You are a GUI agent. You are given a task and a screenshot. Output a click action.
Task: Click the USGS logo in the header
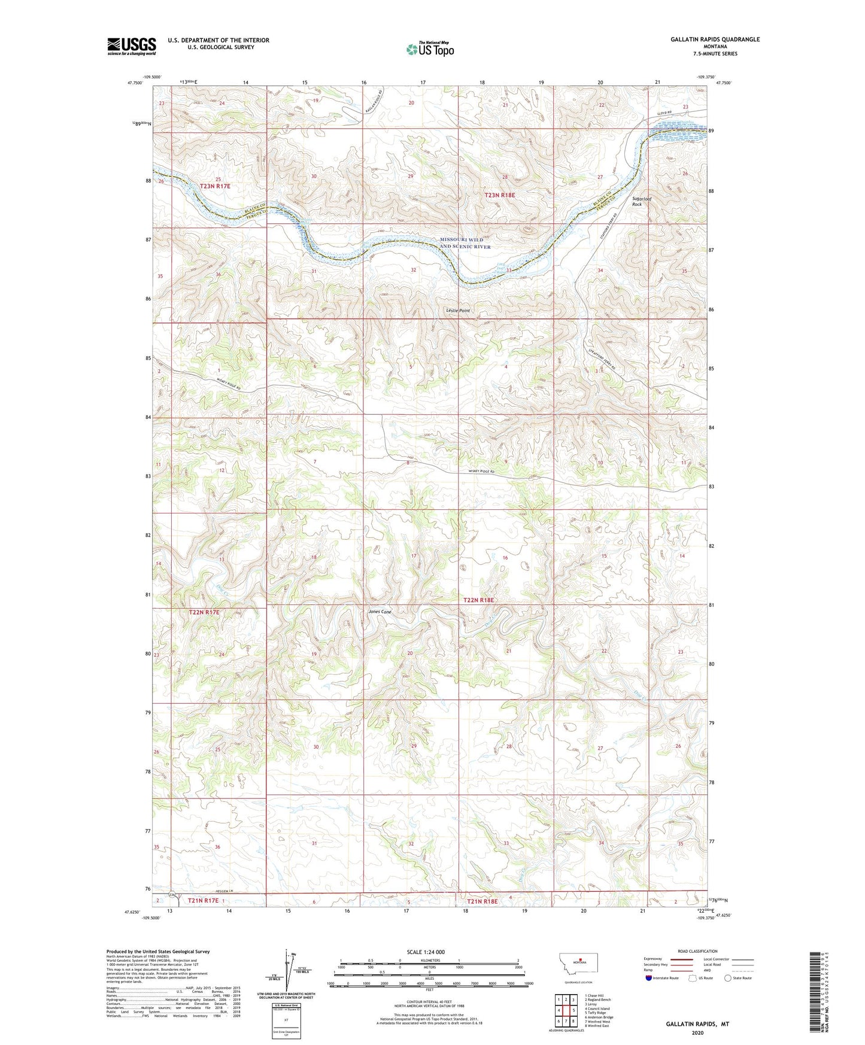[x=132, y=45]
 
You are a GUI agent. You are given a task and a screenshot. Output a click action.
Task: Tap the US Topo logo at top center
[x=430, y=49]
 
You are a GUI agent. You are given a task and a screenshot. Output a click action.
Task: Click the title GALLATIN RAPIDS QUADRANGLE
[x=715, y=40]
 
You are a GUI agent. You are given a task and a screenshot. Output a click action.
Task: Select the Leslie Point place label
[x=458, y=311]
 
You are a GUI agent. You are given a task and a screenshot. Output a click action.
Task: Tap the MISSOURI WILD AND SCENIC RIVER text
[x=465, y=243]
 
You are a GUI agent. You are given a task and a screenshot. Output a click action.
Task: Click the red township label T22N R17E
[x=204, y=612]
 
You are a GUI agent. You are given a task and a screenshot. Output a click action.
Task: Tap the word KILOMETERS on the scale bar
[x=429, y=961]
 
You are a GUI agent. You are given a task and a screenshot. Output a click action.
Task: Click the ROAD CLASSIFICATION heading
[x=697, y=951]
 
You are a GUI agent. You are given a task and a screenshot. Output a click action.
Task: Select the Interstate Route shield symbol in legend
[x=649, y=978]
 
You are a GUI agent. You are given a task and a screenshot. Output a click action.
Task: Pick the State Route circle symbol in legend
[x=728, y=978]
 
